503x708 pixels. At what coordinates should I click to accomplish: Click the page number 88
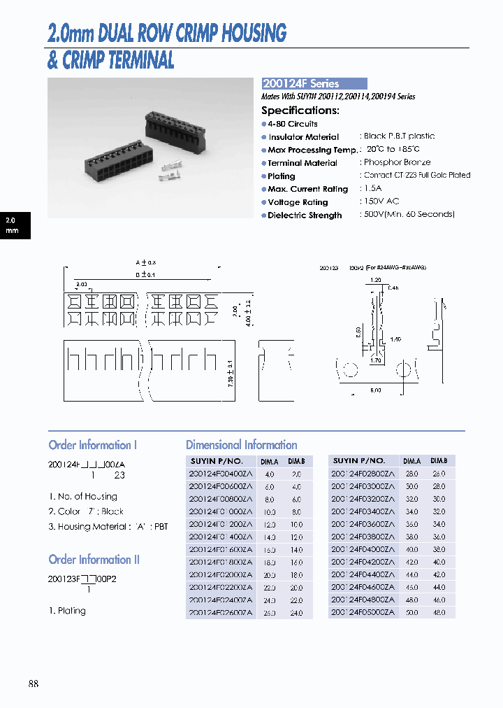(34, 684)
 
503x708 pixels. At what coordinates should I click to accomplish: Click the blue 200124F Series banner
(314, 83)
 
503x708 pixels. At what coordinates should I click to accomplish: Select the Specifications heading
(300, 111)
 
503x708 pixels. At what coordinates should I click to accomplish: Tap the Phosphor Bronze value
(397, 162)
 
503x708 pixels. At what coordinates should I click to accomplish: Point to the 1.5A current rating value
(373, 189)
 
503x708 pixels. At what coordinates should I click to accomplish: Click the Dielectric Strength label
(305, 215)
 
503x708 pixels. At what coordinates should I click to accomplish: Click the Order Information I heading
(93, 445)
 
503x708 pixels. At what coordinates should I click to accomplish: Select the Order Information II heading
(94, 560)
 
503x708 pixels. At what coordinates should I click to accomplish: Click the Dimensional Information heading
(241, 445)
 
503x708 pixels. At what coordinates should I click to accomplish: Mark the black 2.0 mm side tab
(14, 225)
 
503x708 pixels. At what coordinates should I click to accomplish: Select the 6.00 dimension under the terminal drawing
(376, 390)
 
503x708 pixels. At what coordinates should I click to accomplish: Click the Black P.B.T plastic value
(399, 136)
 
